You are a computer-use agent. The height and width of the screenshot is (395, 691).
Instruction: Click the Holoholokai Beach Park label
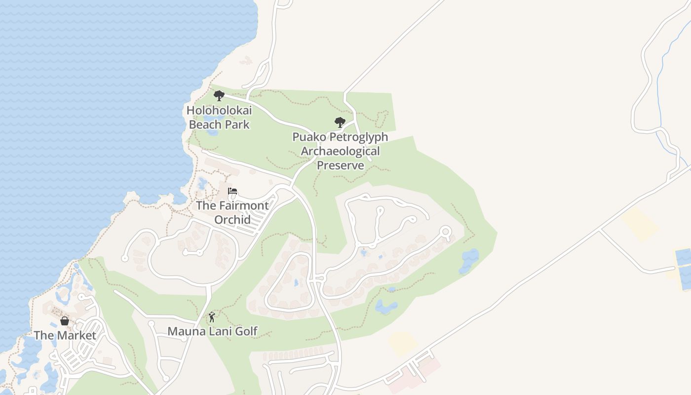(219, 117)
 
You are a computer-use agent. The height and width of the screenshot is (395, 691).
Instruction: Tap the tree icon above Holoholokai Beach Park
(219, 95)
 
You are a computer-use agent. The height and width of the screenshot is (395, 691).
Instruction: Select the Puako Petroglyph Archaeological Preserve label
(340, 151)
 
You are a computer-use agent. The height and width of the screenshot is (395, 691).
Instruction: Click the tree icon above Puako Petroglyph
(340, 122)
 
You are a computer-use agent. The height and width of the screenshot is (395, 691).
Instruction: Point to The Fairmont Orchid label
(232, 212)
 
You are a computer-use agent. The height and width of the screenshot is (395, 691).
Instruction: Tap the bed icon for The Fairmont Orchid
(232, 191)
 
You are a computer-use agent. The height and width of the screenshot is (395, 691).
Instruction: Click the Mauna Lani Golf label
(212, 331)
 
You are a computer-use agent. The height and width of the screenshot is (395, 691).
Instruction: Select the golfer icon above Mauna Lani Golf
(212, 316)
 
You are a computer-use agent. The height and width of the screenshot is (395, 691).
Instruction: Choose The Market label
(65, 335)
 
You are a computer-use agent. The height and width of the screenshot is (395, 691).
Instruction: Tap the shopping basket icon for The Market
(65, 321)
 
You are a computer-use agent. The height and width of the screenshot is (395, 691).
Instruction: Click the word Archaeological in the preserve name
(340, 151)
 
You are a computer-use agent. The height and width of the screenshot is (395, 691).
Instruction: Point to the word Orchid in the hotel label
(232, 219)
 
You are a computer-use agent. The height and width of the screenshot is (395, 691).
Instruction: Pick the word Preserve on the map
(340, 165)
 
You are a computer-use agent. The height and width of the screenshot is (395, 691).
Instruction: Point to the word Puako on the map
(309, 137)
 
